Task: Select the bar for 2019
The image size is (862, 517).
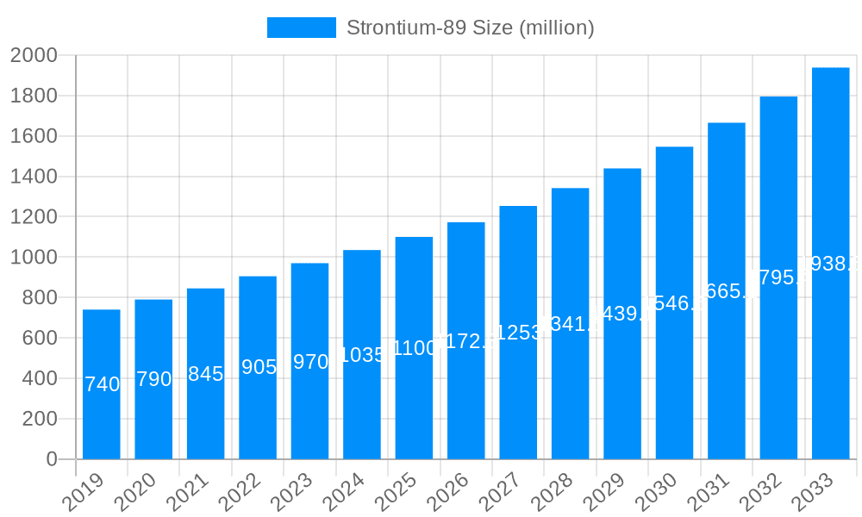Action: point(102,384)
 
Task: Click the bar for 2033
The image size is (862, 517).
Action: point(830,263)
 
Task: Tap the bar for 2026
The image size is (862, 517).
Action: point(466,340)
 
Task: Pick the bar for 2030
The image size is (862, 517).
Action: point(674,302)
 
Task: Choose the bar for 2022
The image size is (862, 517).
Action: point(258,367)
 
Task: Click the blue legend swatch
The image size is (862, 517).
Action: point(301,28)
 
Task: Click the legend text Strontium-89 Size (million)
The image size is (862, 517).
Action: point(470,28)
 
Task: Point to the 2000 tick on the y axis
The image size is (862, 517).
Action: point(34,56)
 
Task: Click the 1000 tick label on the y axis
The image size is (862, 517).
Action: point(34,258)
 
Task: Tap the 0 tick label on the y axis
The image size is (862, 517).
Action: point(51,459)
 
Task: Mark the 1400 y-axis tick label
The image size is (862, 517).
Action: point(34,177)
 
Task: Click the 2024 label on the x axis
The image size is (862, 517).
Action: point(345,494)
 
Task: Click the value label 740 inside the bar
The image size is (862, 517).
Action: point(103,384)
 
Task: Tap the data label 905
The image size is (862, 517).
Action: point(259,367)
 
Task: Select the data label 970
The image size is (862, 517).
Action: point(310,361)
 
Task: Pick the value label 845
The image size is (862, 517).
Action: point(205,374)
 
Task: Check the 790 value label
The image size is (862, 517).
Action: point(153,379)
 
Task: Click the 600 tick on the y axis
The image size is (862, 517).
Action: point(39,339)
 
